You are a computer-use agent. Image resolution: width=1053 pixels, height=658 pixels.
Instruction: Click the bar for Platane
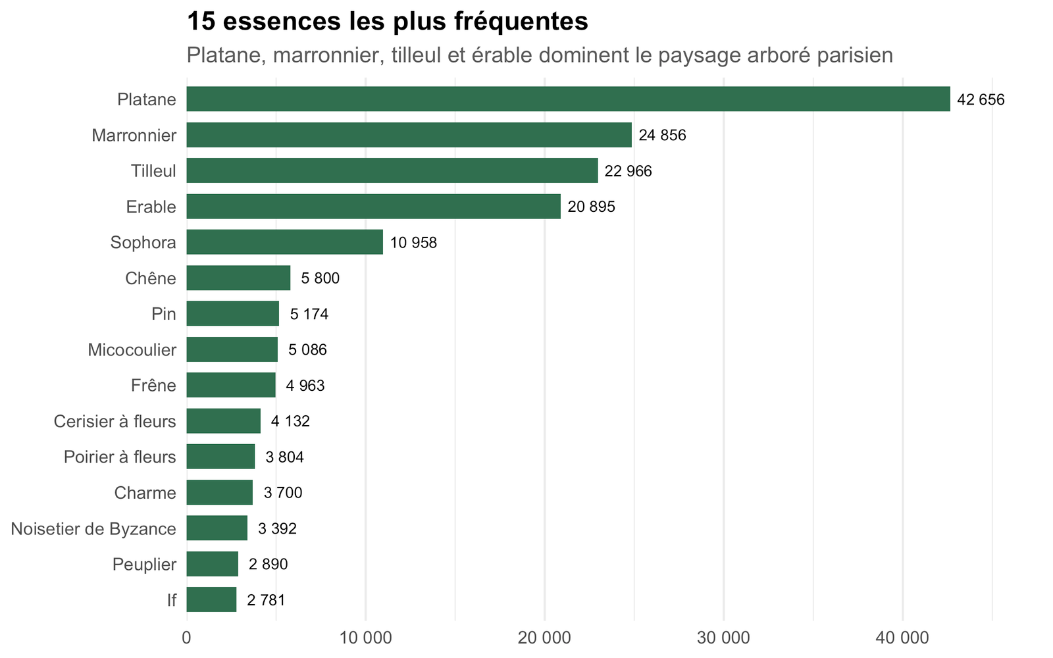tap(569, 99)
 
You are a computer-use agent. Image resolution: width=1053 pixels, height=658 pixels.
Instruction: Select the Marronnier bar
tap(409, 135)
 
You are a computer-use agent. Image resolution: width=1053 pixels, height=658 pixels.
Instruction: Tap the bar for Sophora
tap(285, 242)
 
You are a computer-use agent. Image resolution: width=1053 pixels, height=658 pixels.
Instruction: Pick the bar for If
tap(211, 599)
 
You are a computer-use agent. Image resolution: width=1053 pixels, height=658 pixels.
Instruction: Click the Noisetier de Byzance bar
tap(217, 528)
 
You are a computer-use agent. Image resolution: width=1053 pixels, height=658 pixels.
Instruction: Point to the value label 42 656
tap(981, 99)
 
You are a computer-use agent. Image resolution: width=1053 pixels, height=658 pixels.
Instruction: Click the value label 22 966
tap(628, 171)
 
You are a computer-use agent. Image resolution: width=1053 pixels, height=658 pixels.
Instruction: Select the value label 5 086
tap(307, 349)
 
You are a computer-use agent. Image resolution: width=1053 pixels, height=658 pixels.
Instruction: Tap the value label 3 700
tap(283, 493)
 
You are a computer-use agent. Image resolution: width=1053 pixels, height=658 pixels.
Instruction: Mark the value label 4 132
tap(290, 421)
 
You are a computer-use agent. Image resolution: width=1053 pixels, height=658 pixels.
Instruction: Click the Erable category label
tap(151, 207)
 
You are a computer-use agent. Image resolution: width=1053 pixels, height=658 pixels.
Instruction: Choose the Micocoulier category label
tap(132, 349)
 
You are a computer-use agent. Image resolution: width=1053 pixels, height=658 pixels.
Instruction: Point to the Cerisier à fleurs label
tap(115, 421)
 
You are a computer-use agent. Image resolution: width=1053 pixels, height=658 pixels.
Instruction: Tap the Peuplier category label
tap(144, 565)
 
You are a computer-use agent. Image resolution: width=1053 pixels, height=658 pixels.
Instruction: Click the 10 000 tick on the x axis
tap(366, 638)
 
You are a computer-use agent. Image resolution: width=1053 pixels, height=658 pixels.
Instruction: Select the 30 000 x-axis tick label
tap(724, 638)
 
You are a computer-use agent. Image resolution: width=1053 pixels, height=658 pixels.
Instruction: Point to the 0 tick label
tap(187, 638)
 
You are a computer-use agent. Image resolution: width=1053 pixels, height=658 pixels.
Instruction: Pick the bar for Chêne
tap(238, 278)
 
